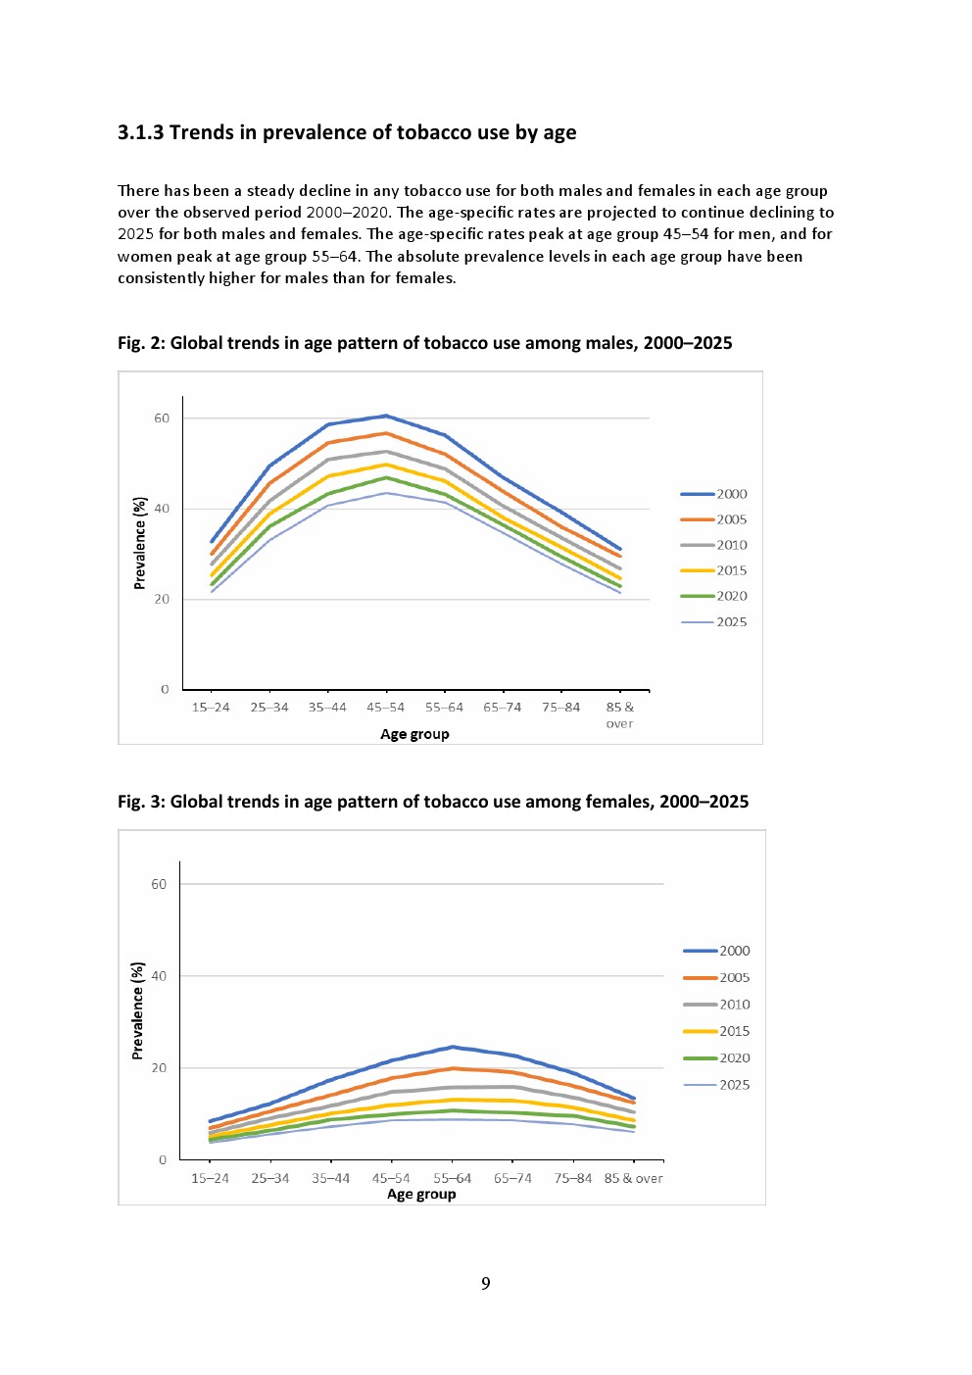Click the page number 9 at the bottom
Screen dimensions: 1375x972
486,1283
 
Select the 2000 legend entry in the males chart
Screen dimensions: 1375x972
731,494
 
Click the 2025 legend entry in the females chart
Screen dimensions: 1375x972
734,1085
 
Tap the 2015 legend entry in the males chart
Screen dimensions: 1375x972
731,570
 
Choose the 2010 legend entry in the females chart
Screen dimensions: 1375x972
734,1005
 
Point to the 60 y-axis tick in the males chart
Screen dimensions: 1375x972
162,418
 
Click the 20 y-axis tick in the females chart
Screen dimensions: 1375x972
159,1068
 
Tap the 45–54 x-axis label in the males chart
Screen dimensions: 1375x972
385,707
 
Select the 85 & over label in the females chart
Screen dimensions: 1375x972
633,1178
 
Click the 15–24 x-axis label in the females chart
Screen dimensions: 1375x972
210,1178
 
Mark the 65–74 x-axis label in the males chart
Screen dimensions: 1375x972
502,707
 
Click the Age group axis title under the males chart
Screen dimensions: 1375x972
414,734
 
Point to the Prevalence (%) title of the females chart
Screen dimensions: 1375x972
138,1010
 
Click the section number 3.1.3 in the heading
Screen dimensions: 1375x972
140,132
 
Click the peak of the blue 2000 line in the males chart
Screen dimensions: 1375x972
386,416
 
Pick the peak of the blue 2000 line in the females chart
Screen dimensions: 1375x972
453,1047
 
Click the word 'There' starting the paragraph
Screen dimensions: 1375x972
138,191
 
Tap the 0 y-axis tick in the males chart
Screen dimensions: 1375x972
165,690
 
